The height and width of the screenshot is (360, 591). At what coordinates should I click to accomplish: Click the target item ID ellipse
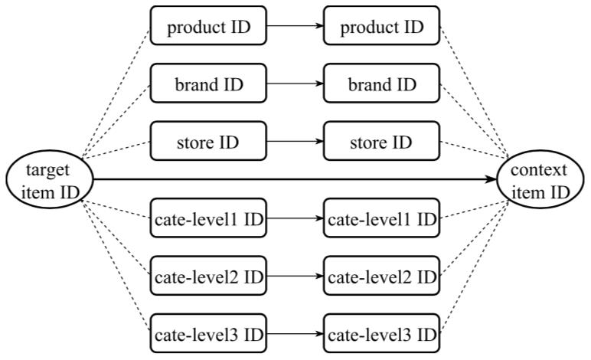[x=49, y=179]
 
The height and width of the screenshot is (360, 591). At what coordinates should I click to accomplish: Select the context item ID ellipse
[x=540, y=179]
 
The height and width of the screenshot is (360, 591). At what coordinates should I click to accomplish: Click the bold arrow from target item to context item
[x=295, y=179]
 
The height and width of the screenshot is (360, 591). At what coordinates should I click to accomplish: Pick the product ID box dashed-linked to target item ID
[x=208, y=25]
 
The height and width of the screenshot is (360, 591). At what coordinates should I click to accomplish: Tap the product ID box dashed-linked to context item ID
[x=381, y=25]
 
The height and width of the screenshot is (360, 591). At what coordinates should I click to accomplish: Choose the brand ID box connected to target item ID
[x=208, y=83]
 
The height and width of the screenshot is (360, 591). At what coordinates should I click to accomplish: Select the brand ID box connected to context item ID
[x=381, y=83]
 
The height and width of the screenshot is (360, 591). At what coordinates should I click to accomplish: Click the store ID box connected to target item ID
[x=208, y=141]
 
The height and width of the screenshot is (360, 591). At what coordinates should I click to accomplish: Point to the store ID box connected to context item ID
[x=381, y=141]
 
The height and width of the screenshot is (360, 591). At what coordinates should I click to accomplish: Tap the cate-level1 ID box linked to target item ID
[x=208, y=218]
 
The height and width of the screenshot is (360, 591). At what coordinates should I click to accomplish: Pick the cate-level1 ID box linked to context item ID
[x=381, y=218]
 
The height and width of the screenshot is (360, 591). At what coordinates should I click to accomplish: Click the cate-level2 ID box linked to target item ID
[x=208, y=276]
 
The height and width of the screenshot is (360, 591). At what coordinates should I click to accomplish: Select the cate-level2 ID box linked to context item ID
[x=381, y=276]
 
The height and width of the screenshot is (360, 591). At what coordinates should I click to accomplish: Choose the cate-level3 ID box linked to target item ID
[x=208, y=333]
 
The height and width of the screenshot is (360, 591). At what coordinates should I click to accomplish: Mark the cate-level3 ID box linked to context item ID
[x=381, y=333]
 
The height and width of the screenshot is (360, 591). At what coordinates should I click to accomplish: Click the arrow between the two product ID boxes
[x=295, y=25]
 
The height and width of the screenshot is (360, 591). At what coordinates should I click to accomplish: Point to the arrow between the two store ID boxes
[x=295, y=142]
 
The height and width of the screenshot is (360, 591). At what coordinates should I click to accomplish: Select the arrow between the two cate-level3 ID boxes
[x=295, y=334]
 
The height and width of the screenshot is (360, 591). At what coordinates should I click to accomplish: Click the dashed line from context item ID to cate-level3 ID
[x=474, y=267]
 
